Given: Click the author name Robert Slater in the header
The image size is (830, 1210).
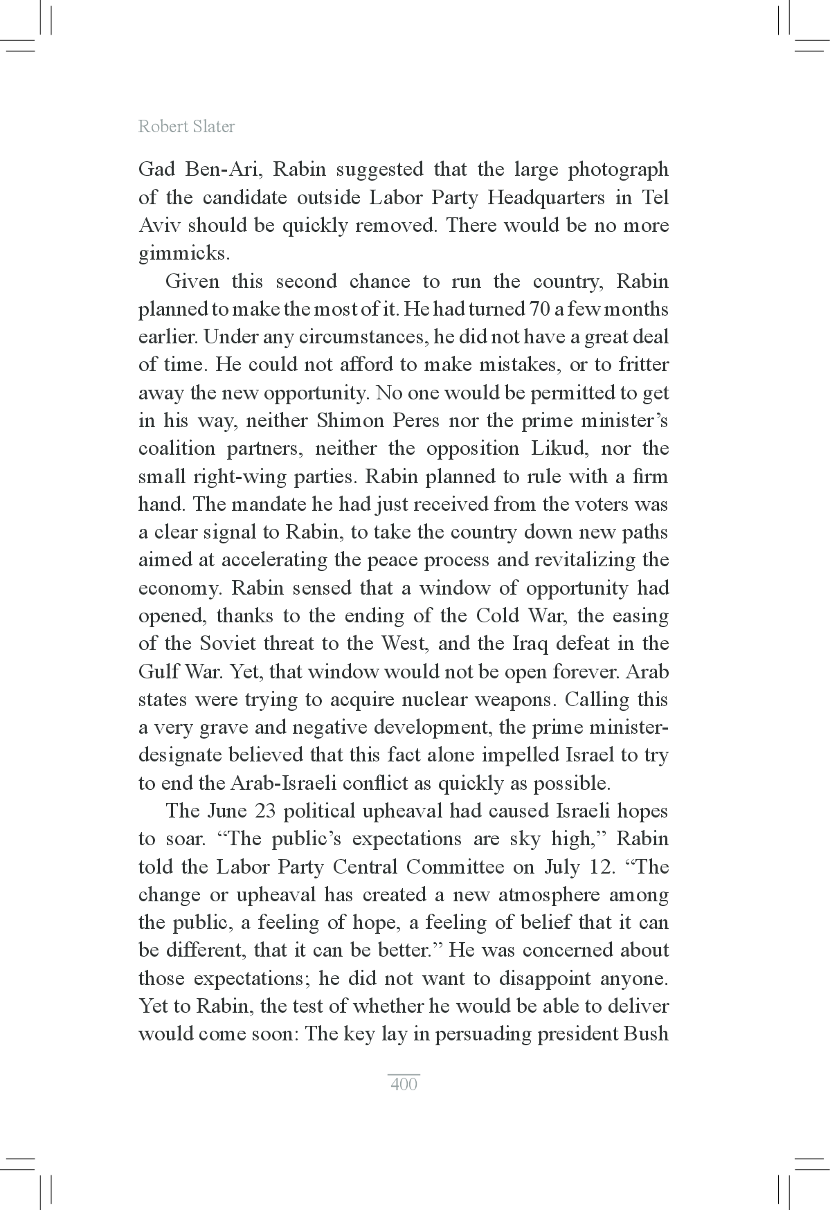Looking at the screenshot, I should (186, 127).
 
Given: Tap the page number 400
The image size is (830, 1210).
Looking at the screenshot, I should (404, 1084).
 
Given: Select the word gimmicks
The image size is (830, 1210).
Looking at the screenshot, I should (183, 254).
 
